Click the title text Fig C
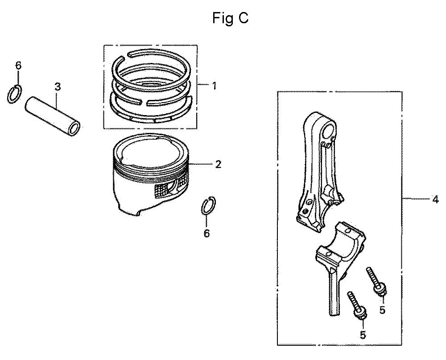click(x=231, y=18)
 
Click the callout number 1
click(x=214, y=86)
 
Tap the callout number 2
click(x=218, y=164)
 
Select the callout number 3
click(x=58, y=87)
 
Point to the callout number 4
click(x=435, y=199)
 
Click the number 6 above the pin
click(x=18, y=66)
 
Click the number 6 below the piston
click(x=207, y=233)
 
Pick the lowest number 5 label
click(x=363, y=335)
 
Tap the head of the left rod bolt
click(x=360, y=313)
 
